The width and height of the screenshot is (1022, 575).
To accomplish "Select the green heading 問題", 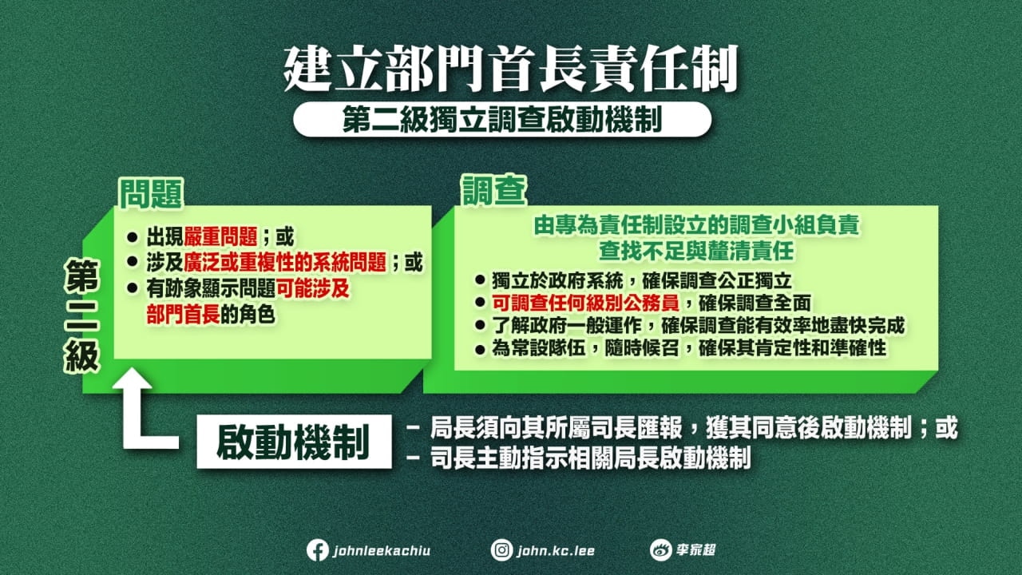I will click(x=151, y=192).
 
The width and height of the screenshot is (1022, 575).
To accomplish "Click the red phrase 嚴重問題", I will click(x=220, y=237).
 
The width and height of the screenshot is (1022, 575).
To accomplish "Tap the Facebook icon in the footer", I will click(x=317, y=550).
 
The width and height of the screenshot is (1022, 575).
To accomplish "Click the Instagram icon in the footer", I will click(x=501, y=550).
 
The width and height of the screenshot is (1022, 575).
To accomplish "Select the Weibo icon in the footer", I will click(x=660, y=550).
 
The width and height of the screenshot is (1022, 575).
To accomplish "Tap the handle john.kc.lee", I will click(x=556, y=550).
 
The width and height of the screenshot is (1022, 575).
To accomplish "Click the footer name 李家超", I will click(x=695, y=550).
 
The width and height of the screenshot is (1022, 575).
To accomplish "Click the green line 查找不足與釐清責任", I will click(x=696, y=251).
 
